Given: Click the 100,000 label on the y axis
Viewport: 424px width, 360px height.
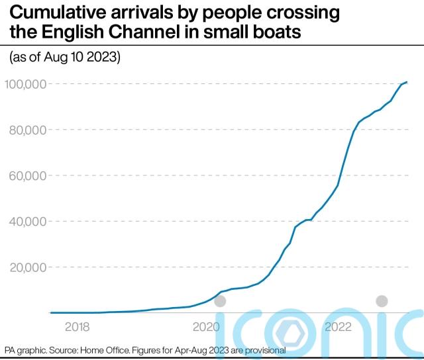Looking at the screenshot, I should pyautogui.click(x=25, y=84).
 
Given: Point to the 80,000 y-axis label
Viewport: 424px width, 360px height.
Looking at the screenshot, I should pyautogui.click(x=26, y=130).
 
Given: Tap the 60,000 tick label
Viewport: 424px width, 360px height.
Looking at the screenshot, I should pyautogui.click(x=26, y=175).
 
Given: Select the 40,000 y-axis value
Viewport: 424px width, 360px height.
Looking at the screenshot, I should pyautogui.click(x=26, y=221).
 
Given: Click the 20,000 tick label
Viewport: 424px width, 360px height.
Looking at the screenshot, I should pyautogui.click(x=26, y=267).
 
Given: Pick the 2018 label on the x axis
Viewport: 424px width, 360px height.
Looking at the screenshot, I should pyautogui.click(x=77, y=327).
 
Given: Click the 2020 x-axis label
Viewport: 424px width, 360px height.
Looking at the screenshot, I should pyautogui.click(x=206, y=327).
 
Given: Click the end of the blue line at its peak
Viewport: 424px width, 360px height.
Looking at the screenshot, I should pyautogui.click(x=407, y=82).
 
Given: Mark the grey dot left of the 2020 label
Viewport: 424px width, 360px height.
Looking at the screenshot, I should pyautogui.click(x=221, y=301).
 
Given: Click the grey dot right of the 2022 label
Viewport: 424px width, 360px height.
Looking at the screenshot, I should pyautogui.click(x=381, y=301).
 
